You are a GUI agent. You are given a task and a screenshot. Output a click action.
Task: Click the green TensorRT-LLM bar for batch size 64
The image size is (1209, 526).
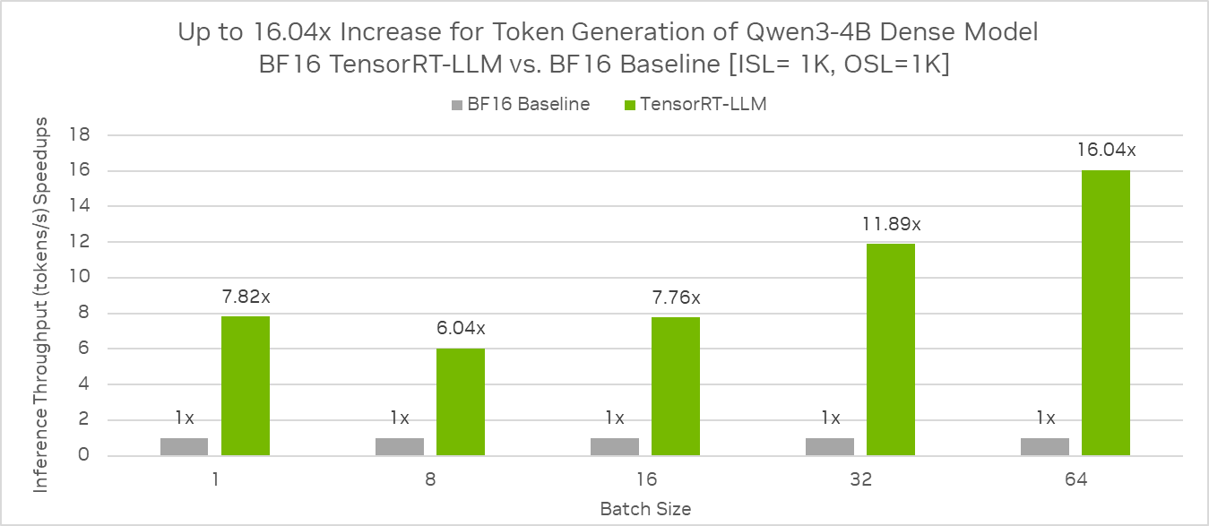point(1105,313)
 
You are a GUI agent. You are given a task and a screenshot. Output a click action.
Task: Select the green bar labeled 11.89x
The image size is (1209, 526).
point(890,349)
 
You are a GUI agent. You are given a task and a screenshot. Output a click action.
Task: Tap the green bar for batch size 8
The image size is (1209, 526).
point(460,402)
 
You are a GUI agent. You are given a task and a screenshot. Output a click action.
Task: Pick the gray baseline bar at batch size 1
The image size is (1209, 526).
point(185,446)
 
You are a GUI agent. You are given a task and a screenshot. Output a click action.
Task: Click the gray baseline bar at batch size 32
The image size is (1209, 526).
point(830,446)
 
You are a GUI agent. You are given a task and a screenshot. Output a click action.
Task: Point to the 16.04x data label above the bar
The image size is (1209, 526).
point(1106,150)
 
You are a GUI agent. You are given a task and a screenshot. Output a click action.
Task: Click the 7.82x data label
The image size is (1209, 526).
point(246,297)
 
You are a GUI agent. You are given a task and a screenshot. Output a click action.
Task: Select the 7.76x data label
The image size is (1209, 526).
point(676,297)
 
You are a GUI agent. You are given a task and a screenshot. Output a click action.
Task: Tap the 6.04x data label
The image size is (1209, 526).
point(461,328)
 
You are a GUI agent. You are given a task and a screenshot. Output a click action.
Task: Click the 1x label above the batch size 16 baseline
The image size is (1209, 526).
point(615,418)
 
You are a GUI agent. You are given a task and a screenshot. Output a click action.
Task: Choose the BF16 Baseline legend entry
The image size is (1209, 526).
point(520,104)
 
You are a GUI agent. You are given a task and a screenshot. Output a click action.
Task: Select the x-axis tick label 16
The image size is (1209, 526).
point(645,479)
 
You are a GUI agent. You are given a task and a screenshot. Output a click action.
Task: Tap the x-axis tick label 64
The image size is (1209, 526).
point(1075,479)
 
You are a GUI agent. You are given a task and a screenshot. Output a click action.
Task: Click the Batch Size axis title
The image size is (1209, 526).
point(645,509)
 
